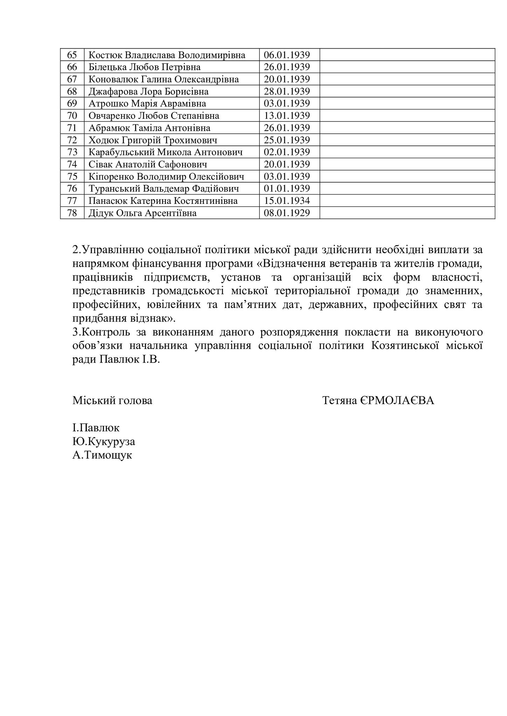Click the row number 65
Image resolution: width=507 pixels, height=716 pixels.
pyautogui.click(x=72, y=55)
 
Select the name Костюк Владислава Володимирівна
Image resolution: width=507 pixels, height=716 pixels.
pyautogui.click(x=167, y=55)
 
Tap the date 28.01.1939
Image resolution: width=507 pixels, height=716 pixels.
pyautogui.click(x=287, y=92)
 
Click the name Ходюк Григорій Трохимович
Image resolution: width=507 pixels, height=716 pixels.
pyautogui.click(x=153, y=140)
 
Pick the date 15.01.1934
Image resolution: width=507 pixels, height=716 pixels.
pyautogui.click(x=287, y=201)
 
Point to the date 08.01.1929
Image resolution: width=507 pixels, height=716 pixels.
pyautogui.click(x=287, y=213)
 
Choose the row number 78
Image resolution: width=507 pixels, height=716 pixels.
pyautogui.click(x=72, y=213)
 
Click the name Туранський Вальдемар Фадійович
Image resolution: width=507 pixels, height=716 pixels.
pyautogui.click(x=164, y=189)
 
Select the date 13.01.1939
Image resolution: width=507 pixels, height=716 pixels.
pyautogui.click(x=287, y=116)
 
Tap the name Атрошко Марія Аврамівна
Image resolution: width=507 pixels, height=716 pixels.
pyautogui.click(x=147, y=103)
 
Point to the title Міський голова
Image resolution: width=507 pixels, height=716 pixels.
pyautogui.click(x=112, y=400)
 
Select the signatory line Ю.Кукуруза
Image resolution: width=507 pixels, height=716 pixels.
pyautogui.click(x=104, y=442)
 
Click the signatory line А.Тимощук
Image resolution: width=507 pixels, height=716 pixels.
pyautogui.click(x=102, y=455)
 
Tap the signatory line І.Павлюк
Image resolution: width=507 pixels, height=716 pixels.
pyautogui.click(x=96, y=428)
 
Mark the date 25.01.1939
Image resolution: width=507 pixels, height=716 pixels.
pyautogui.click(x=287, y=140)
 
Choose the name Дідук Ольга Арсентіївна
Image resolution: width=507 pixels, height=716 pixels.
pyautogui.click(x=142, y=213)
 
